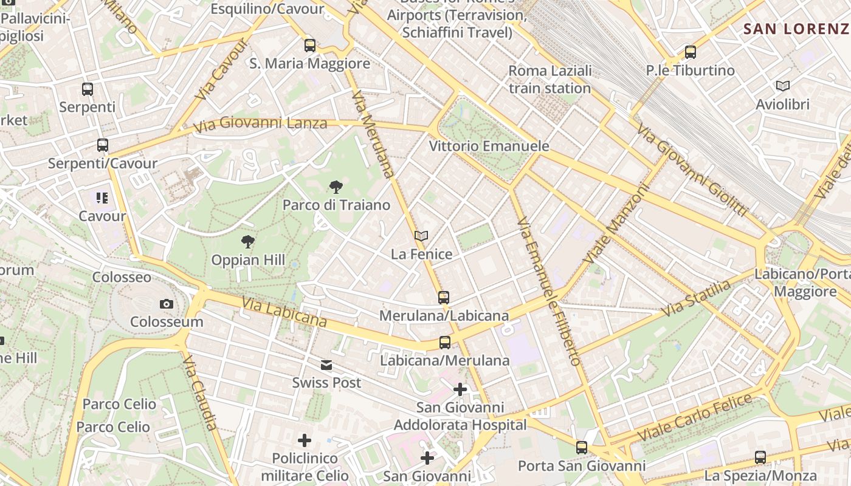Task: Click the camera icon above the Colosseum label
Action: (x=166, y=304)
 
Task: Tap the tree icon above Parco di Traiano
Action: (x=335, y=187)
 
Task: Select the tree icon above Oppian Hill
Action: (x=247, y=242)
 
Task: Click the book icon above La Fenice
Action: (x=421, y=236)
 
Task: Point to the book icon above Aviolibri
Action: (x=782, y=86)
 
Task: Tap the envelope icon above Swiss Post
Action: (x=326, y=365)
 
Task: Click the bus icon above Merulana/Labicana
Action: (x=444, y=298)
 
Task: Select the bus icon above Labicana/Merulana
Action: (x=445, y=343)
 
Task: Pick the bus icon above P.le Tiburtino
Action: (x=690, y=52)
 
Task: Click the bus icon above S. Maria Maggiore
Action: (x=310, y=46)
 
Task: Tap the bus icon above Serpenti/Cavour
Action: (x=102, y=145)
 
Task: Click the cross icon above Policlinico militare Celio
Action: (x=305, y=440)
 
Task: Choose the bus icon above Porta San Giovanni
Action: (x=582, y=448)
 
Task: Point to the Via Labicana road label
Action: (x=284, y=311)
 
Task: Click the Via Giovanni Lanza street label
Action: (x=260, y=125)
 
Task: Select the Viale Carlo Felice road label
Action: (x=695, y=419)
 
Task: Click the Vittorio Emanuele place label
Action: (x=489, y=146)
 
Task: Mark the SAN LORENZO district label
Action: (x=796, y=29)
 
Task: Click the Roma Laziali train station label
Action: (x=550, y=80)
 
